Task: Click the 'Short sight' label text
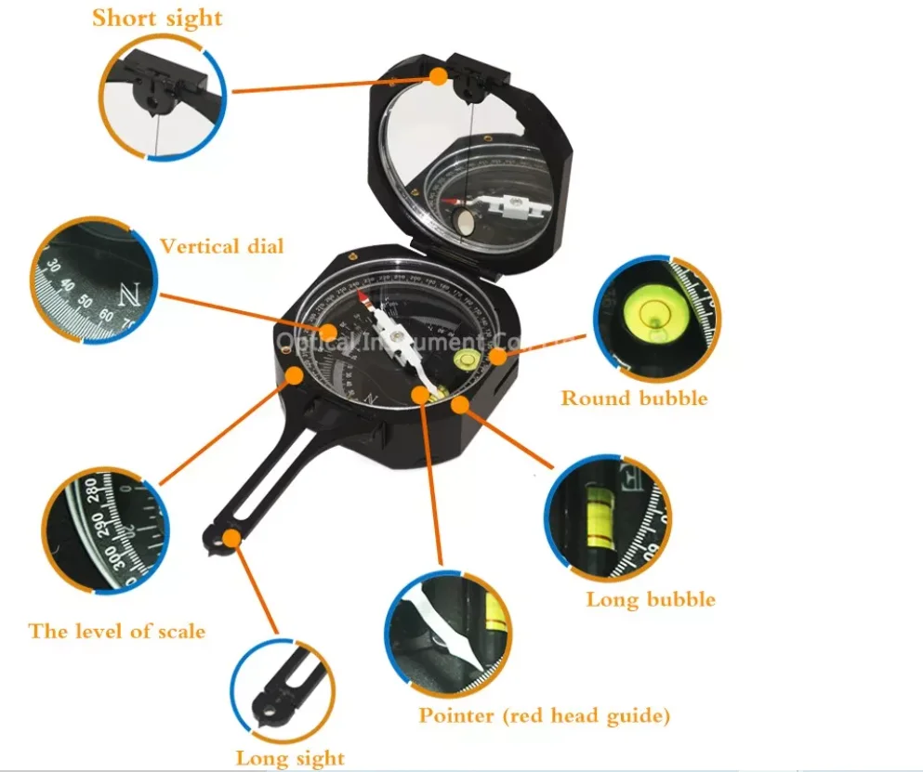coord(156,18)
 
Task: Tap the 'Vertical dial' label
coord(221,246)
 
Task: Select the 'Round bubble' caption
coord(634,399)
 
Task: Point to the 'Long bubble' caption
coord(651,599)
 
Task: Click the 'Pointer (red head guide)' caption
coord(544,715)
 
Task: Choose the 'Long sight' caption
coord(290,758)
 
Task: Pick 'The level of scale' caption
coord(117,632)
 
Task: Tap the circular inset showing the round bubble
coord(654,317)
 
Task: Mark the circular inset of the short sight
coord(164,98)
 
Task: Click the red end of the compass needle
coord(373,301)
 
